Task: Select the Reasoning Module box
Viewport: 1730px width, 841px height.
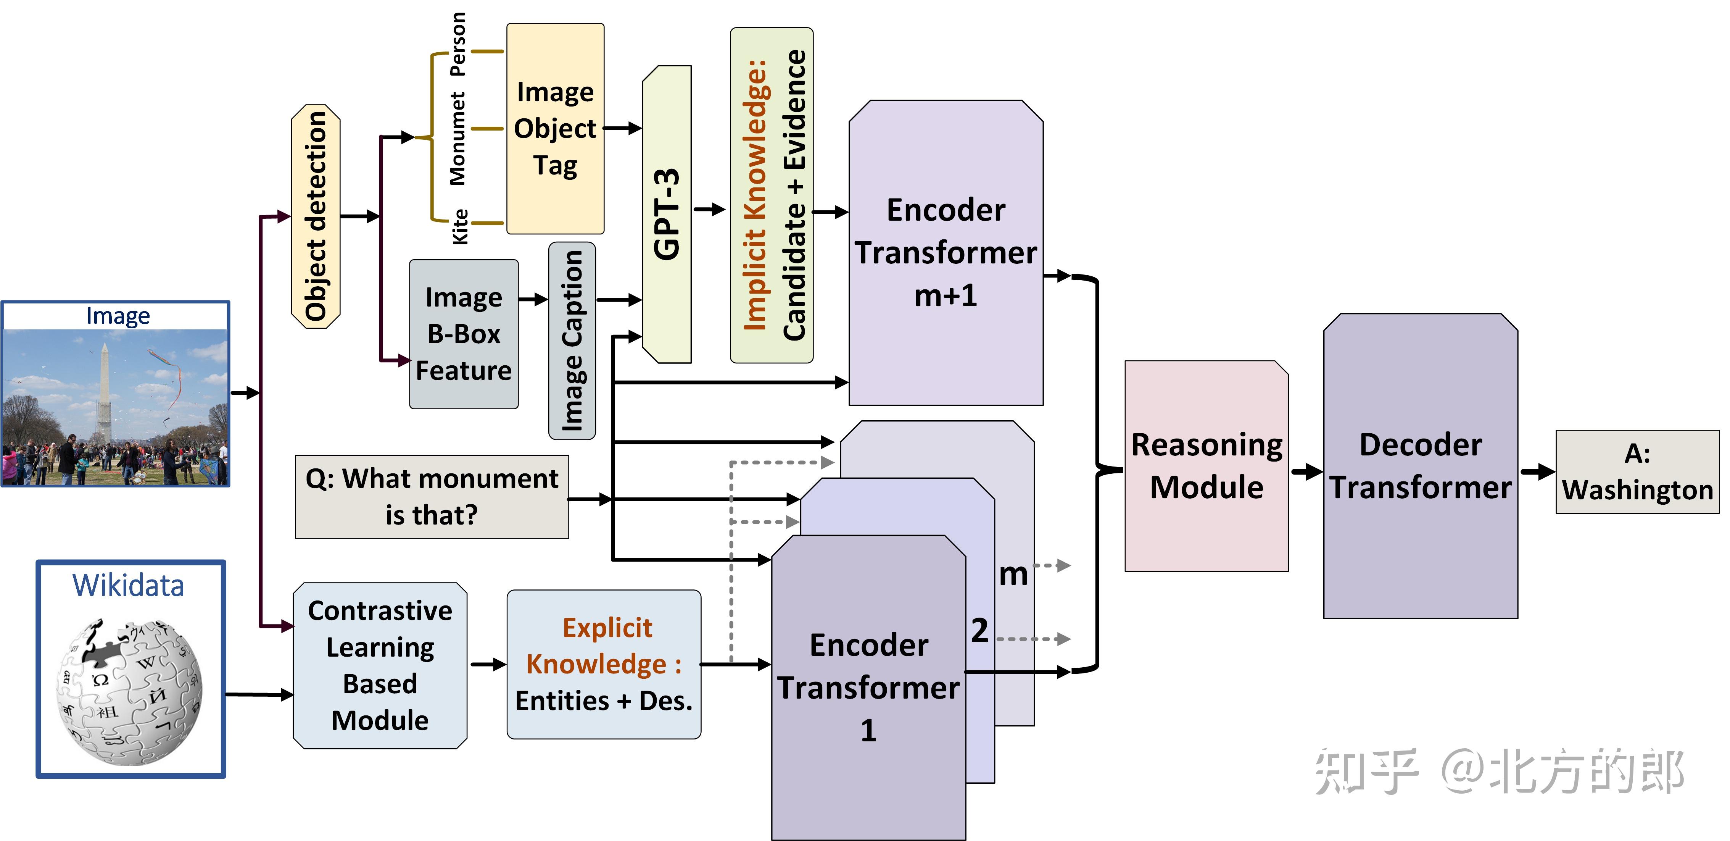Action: tap(1206, 466)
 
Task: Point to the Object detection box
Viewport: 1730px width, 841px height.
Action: tap(316, 216)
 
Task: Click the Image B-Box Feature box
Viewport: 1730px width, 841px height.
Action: tap(463, 334)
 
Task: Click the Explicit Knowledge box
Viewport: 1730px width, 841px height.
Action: tap(603, 664)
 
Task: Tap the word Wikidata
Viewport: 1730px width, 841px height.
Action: tap(128, 585)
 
